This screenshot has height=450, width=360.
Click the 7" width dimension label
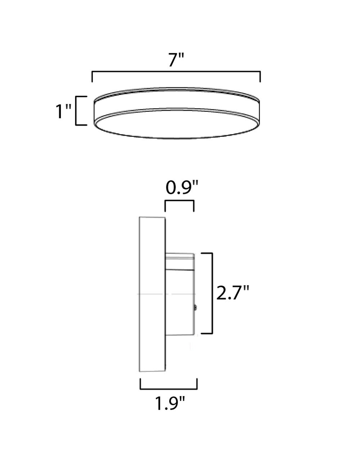tap(176, 60)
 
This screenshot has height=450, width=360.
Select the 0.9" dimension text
tap(182, 188)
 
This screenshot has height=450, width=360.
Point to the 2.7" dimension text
tap(233, 293)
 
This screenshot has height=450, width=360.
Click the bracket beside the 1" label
tap(77, 111)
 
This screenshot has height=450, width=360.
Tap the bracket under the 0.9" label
tap(179, 202)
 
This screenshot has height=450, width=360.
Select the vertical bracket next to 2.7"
tap(212, 293)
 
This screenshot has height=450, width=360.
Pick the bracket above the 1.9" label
tap(168, 388)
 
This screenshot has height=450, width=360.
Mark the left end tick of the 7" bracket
tap(93, 77)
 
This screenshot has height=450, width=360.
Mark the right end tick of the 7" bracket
tap(260, 77)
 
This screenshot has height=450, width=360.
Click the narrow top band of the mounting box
tap(180, 257)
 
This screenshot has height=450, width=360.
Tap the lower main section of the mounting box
tap(180, 302)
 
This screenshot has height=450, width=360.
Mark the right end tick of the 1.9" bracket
tap(197, 384)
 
